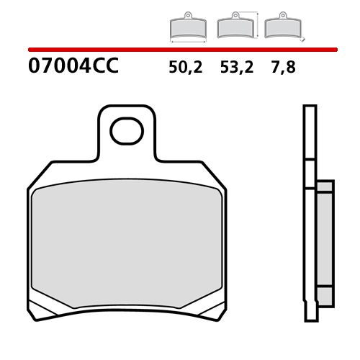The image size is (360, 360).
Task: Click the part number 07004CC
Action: (x=72, y=68)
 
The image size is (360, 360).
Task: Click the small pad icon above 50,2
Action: (x=187, y=27)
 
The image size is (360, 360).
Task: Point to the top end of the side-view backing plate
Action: (x=310, y=108)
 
